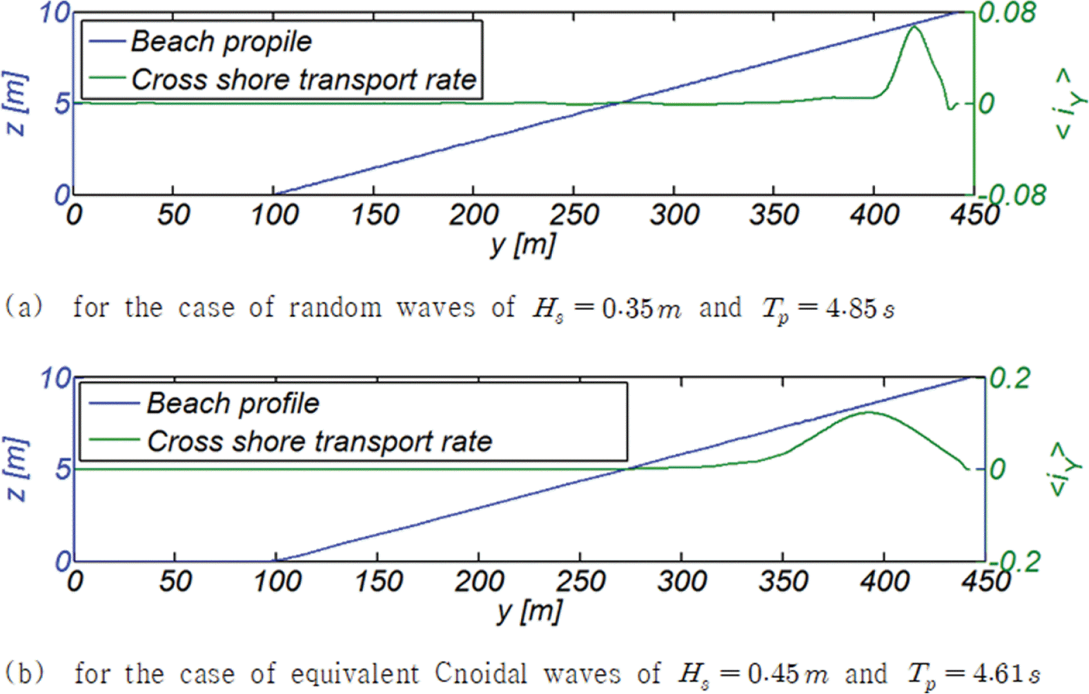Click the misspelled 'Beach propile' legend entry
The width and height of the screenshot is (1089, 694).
(221, 41)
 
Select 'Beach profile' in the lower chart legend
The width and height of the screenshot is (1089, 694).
(233, 403)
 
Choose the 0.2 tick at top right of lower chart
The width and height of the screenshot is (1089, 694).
(1010, 378)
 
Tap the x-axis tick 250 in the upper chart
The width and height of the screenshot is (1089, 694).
(574, 215)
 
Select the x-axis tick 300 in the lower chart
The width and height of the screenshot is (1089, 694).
(681, 581)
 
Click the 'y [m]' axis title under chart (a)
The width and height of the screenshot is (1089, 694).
(522, 244)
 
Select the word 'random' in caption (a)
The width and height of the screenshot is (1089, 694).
(335, 307)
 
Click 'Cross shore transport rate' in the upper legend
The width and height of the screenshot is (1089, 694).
(304, 80)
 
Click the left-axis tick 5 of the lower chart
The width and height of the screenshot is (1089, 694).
(63, 470)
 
